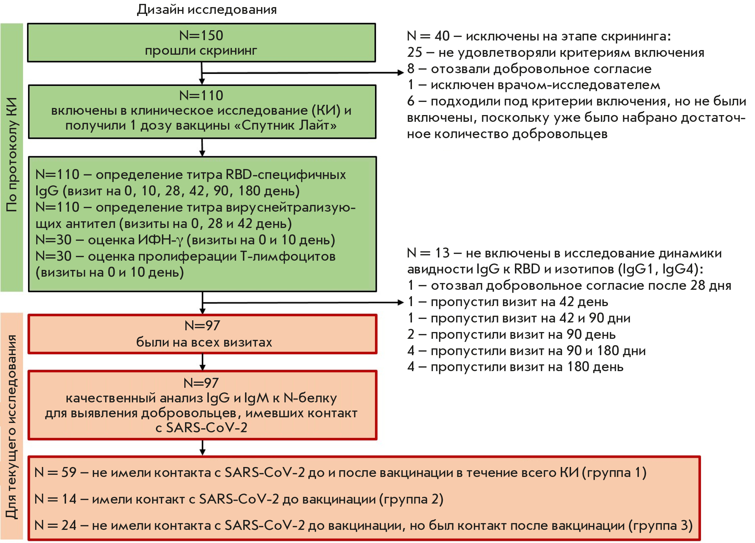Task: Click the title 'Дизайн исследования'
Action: pos(207,10)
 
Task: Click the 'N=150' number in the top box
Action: pos(201,36)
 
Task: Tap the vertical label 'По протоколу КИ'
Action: pos(12,155)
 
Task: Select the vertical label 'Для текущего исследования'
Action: pos(12,426)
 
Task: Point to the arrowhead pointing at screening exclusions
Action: pos(401,73)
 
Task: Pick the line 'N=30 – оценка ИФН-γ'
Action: pos(185,240)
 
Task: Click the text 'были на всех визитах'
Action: pos(204,342)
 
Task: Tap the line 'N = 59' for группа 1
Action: pos(340,473)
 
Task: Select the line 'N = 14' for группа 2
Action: pos(239,499)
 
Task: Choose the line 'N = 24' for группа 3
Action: pos(363,526)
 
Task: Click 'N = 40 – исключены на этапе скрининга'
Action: pos(539,36)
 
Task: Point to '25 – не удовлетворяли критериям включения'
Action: pos(555,53)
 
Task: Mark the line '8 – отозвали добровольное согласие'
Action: pos(529,69)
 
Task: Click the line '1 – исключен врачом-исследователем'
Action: pos(533,85)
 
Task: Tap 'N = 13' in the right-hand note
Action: pos(428,253)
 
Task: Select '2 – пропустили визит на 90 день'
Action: pos(511,335)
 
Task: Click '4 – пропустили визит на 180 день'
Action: pos(515,367)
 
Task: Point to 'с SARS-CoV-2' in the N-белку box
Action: pos(201,428)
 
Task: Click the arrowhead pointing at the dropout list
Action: pos(401,303)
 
